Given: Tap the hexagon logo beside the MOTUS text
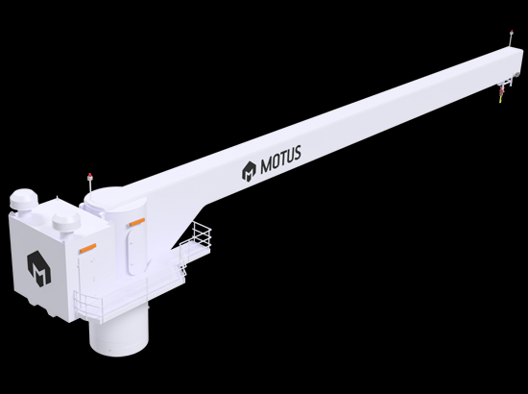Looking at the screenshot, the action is coord(249,171).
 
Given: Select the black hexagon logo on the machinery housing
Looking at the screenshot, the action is coord(38,269).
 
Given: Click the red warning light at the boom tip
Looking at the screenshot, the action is coord(512,33).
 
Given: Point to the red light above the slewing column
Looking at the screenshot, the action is coord(90,176).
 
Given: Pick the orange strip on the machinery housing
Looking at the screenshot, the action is coord(88,248).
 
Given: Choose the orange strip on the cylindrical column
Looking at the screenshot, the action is coord(137,222).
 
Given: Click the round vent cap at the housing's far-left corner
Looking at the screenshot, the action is coord(21,199).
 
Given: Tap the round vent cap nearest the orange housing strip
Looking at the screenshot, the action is coord(66,221).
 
